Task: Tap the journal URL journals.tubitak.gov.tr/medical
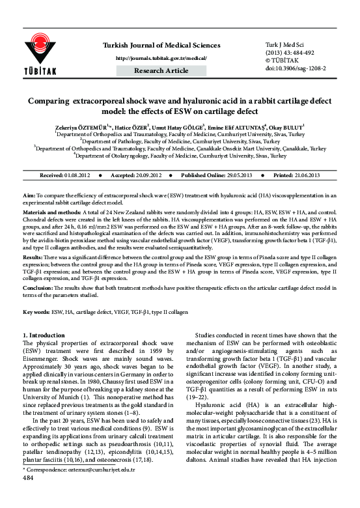[161, 57]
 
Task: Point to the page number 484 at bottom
[28, 496]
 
